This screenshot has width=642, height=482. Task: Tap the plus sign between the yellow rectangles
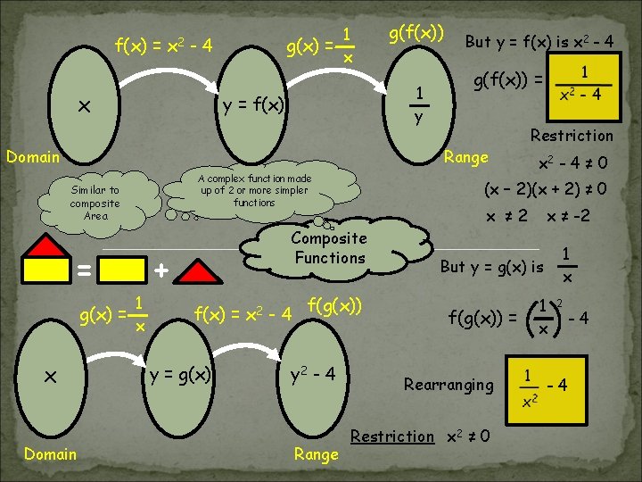pos(160,269)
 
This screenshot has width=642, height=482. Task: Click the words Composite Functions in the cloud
pos(328,248)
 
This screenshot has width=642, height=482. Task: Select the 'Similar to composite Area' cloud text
pos(95,203)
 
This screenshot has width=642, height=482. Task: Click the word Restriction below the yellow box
pos(572,136)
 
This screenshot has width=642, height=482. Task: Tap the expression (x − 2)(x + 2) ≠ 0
pos(546,189)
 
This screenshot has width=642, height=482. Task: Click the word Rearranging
pos(448,385)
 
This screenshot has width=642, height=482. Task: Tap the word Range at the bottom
pos(316,454)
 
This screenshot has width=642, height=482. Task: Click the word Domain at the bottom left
pos(50,453)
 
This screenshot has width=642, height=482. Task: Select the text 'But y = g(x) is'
pos(491,267)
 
